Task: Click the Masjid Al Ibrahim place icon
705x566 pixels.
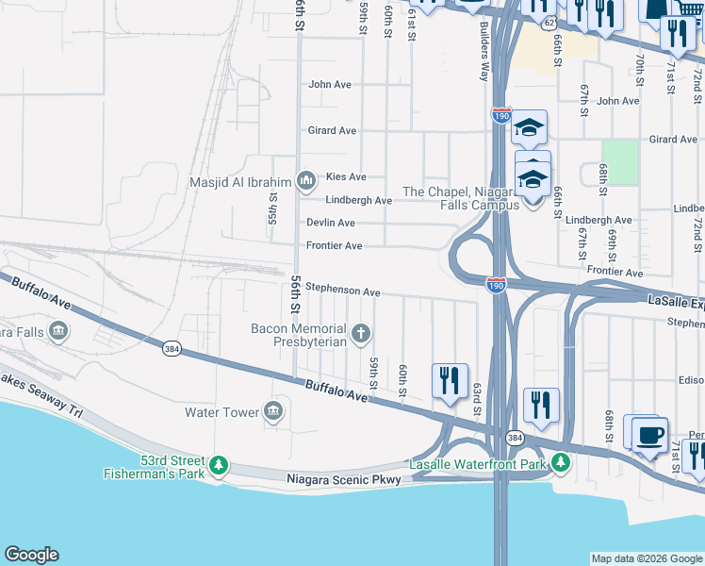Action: [305, 179]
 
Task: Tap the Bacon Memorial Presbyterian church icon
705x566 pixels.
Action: [360, 333]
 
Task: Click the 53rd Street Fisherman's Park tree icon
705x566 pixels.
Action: [219, 464]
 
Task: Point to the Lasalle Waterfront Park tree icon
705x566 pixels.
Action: [561, 461]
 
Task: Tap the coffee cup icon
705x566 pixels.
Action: [649, 434]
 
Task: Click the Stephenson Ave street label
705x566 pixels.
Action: [343, 292]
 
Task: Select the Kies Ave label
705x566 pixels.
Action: [346, 176]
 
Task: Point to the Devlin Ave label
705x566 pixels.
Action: [331, 223]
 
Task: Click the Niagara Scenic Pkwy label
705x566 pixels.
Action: [344, 480]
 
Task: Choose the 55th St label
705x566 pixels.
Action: [272, 215]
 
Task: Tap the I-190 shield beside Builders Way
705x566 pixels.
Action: [500, 115]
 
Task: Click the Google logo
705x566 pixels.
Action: [31, 555]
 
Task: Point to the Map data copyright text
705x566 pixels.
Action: [647, 558]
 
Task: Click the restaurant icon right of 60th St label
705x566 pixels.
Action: [450, 380]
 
